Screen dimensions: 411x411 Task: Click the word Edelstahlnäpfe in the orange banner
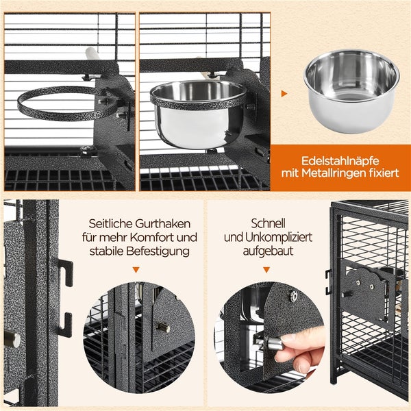click(x=340, y=161)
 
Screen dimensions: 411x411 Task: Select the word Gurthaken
click(x=163, y=224)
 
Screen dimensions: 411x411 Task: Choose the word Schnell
click(x=268, y=223)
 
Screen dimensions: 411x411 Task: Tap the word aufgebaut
click(x=268, y=251)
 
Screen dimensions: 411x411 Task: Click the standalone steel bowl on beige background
click(x=351, y=90)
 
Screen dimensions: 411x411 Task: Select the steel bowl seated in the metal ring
click(x=198, y=114)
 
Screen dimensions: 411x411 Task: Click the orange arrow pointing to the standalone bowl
click(x=284, y=94)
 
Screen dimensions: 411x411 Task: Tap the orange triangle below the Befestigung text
click(x=136, y=270)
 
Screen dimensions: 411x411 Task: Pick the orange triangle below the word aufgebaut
click(x=266, y=270)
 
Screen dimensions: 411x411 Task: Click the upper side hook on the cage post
click(x=66, y=273)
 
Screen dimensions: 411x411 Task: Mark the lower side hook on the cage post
click(x=65, y=325)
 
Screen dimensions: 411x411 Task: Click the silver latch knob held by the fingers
click(x=275, y=344)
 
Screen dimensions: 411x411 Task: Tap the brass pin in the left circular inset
click(x=164, y=327)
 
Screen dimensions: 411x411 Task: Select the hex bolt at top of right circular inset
click(x=293, y=296)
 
